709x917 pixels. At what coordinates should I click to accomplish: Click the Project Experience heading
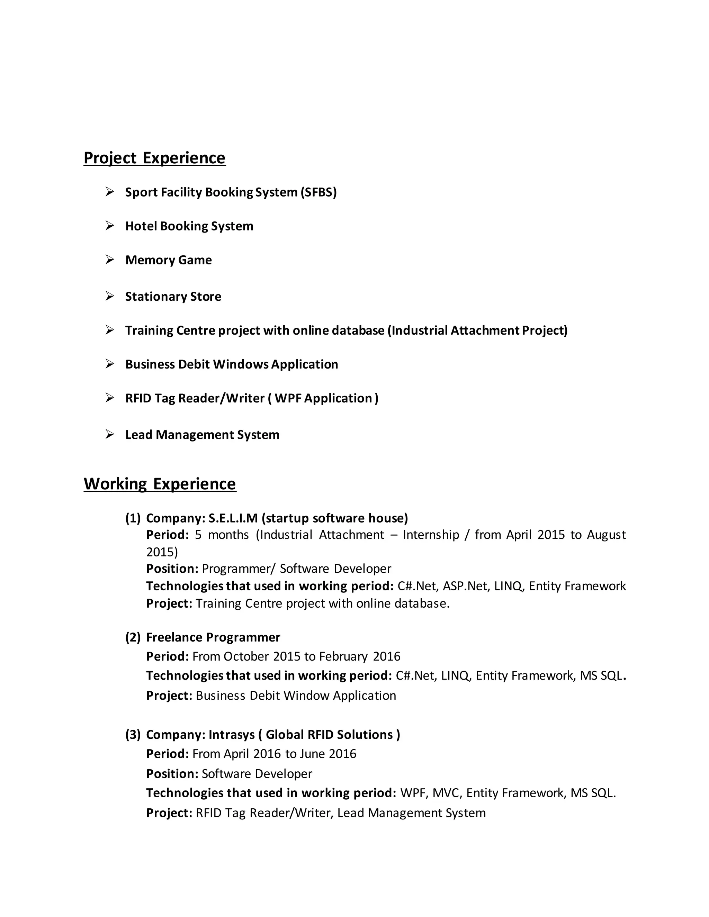154,158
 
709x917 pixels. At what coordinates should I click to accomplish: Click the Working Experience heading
160,484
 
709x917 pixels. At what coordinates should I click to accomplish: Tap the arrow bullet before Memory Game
110,260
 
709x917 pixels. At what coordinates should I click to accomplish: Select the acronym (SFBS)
318,192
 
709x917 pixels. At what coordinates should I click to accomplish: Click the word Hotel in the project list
141,226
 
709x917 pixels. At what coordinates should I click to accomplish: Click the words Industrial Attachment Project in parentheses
477,330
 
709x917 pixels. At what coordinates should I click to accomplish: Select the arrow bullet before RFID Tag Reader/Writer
110,398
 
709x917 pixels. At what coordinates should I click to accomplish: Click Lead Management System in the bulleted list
202,435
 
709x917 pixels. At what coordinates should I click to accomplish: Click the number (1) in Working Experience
133,518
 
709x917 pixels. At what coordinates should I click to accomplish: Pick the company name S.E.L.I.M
233,518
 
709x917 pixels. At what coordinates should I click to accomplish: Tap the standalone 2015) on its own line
162,552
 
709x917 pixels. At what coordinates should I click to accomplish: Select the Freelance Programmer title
213,637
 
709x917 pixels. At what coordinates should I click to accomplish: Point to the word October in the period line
246,656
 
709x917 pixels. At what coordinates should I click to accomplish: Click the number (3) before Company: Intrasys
133,735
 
